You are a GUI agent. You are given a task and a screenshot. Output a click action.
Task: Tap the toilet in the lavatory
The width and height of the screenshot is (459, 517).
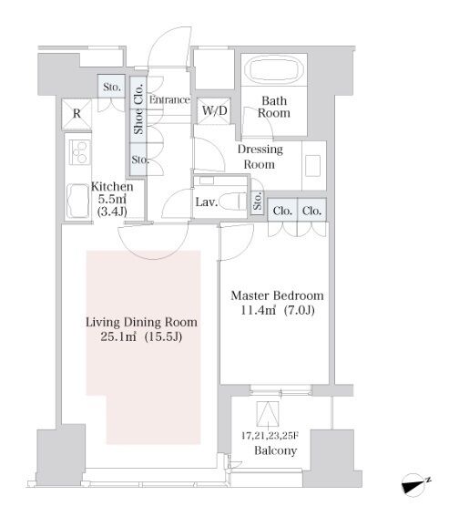point(232,202)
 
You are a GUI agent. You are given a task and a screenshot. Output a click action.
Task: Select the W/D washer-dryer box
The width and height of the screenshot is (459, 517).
point(214,111)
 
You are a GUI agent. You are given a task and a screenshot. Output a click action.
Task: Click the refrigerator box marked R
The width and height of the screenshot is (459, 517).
point(76,114)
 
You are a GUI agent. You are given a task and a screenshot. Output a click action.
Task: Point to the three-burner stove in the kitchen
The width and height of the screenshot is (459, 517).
point(80,152)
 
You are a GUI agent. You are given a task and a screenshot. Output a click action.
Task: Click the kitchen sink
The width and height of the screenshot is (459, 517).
point(78,201)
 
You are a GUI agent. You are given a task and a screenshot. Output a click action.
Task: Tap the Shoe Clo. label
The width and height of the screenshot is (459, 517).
point(138,109)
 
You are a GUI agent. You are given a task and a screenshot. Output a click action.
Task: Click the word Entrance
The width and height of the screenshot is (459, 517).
point(169,99)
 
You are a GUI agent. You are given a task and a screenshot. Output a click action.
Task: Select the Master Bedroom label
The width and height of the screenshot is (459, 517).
point(277,295)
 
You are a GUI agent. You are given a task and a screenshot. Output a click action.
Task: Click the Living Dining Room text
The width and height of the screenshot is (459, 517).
point(141,322)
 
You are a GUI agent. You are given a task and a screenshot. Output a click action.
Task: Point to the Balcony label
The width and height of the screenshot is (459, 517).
point(276,450)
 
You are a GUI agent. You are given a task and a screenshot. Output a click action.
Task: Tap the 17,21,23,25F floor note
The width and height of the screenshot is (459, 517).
point(270,436)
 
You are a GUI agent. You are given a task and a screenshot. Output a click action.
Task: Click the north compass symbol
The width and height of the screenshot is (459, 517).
point(415,485)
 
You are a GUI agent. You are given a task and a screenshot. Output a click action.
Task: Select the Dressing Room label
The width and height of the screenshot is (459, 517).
point(260,157)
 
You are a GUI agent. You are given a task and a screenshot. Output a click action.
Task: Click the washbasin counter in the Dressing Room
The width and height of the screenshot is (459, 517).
point(314,166)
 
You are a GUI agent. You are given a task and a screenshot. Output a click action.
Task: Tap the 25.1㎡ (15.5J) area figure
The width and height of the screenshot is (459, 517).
point(141,336)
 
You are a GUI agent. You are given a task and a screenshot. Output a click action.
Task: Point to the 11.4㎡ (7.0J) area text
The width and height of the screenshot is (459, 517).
point(278,310)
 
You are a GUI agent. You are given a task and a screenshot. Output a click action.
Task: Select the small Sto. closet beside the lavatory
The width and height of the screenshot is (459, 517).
point(258,201)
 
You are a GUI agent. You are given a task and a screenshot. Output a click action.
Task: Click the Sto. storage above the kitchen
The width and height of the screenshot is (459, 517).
point(112,87)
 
